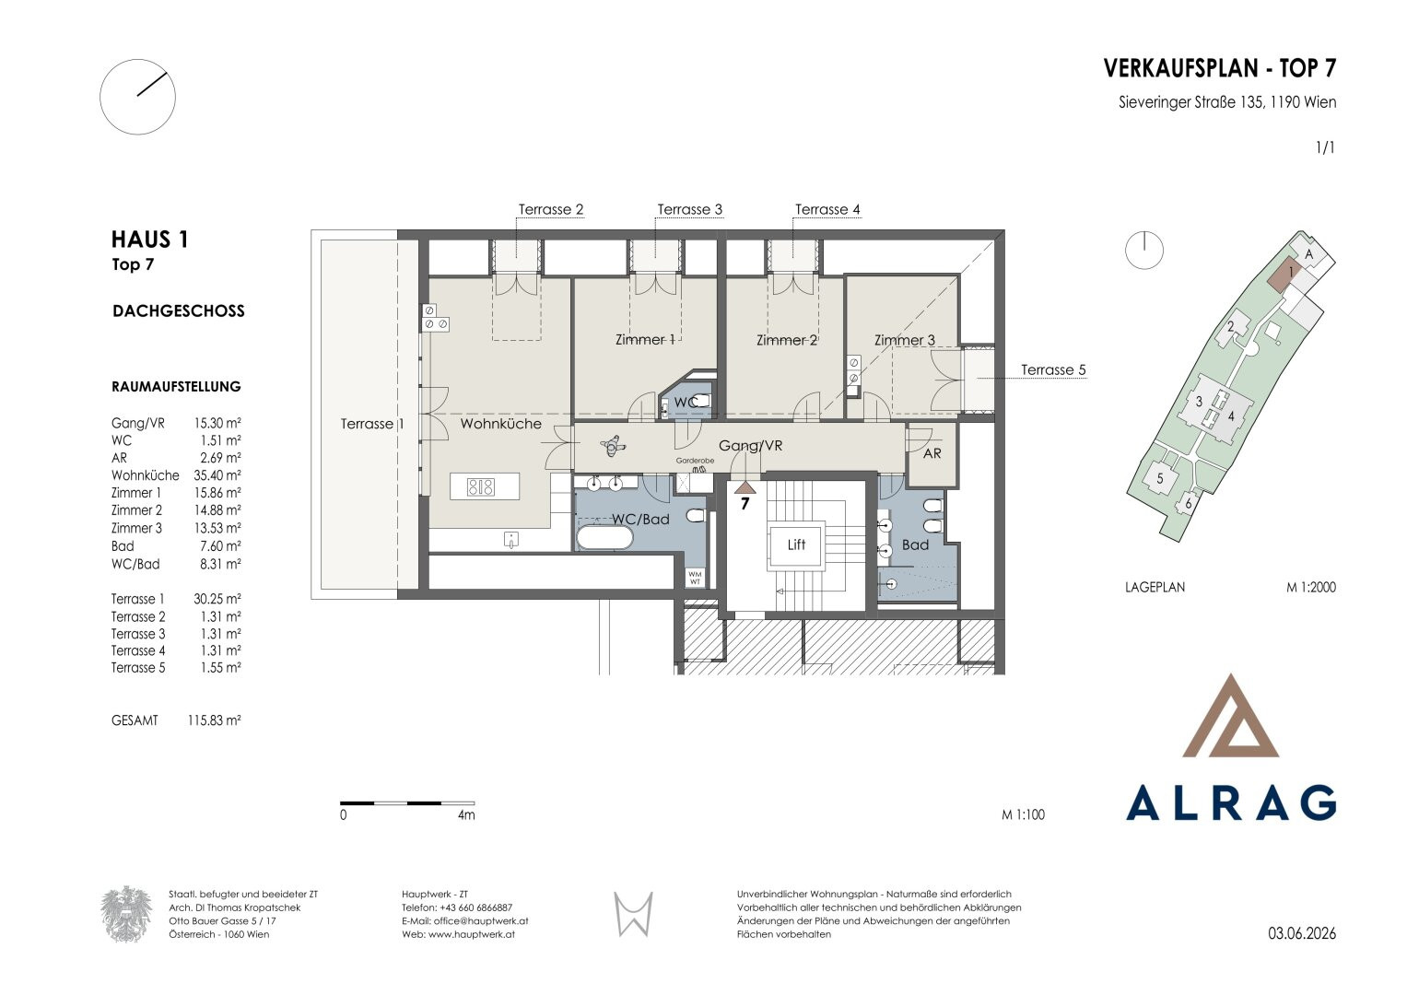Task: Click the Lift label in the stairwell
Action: [796, 544]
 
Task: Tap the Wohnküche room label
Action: [500, 424]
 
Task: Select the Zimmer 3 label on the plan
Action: [905, 340]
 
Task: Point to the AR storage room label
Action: [932, 453]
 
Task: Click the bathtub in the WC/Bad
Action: [604, 538]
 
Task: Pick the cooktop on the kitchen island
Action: [480, 486]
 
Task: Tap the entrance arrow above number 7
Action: [745, 486]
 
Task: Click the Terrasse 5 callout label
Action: [1053, 370]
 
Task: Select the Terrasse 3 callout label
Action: [690, 209]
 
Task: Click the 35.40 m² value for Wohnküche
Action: [217, 474]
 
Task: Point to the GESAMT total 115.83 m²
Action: [214, 720]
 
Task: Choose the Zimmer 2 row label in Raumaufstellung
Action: [136, 510]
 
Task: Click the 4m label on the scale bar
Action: [466, 814]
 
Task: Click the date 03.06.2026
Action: [1301, 933]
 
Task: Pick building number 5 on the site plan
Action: [1159, 479]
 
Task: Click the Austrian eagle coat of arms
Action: [126, 913]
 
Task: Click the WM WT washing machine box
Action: [695, 578]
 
